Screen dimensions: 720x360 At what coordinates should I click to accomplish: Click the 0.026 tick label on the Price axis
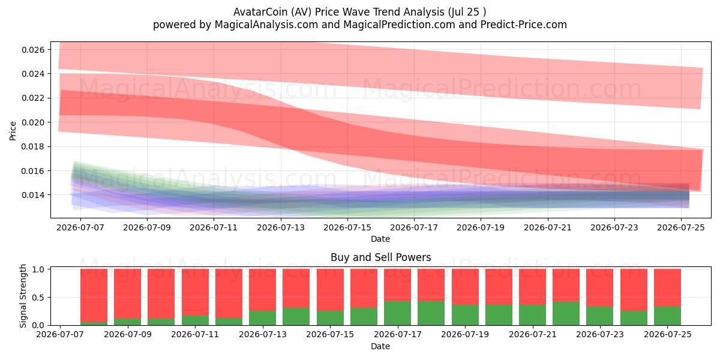[33, 49]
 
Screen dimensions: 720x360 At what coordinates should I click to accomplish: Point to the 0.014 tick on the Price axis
[33, 195]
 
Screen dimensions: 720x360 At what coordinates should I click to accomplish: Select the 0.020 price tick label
[33, 122]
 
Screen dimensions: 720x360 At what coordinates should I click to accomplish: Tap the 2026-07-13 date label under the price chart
[281, 227]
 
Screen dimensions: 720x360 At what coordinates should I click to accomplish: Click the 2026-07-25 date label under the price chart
[681, 227]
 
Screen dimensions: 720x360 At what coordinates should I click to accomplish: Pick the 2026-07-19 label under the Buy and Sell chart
[465, 334]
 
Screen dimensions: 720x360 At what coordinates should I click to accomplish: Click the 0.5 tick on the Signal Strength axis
[38, 298]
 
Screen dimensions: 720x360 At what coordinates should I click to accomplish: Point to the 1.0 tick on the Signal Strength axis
[38, 269]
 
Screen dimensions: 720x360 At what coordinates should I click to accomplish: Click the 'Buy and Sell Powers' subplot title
[380, 257]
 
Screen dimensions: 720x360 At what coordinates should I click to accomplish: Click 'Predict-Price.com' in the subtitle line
[524, 25]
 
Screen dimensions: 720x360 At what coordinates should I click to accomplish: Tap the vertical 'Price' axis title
[13, 131]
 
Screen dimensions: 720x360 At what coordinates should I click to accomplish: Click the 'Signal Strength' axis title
[23, 296]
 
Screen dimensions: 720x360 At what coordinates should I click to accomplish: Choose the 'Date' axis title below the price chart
[380, 239]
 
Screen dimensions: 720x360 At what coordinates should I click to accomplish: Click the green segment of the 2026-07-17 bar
[397, 313]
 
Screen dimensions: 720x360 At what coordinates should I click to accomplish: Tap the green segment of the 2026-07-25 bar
[667, 316]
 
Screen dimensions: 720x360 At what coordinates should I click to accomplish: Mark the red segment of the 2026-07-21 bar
[532, 287]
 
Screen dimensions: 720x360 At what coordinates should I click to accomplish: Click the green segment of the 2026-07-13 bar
[262, 318]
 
